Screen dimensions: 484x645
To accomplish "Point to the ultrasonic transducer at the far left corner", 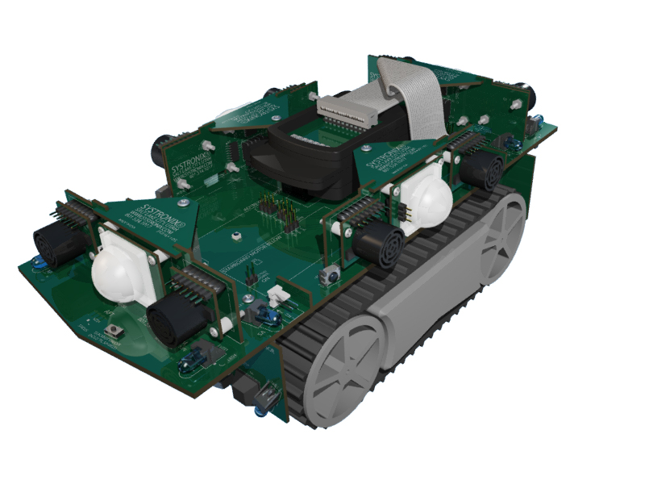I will tap(52, 243).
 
